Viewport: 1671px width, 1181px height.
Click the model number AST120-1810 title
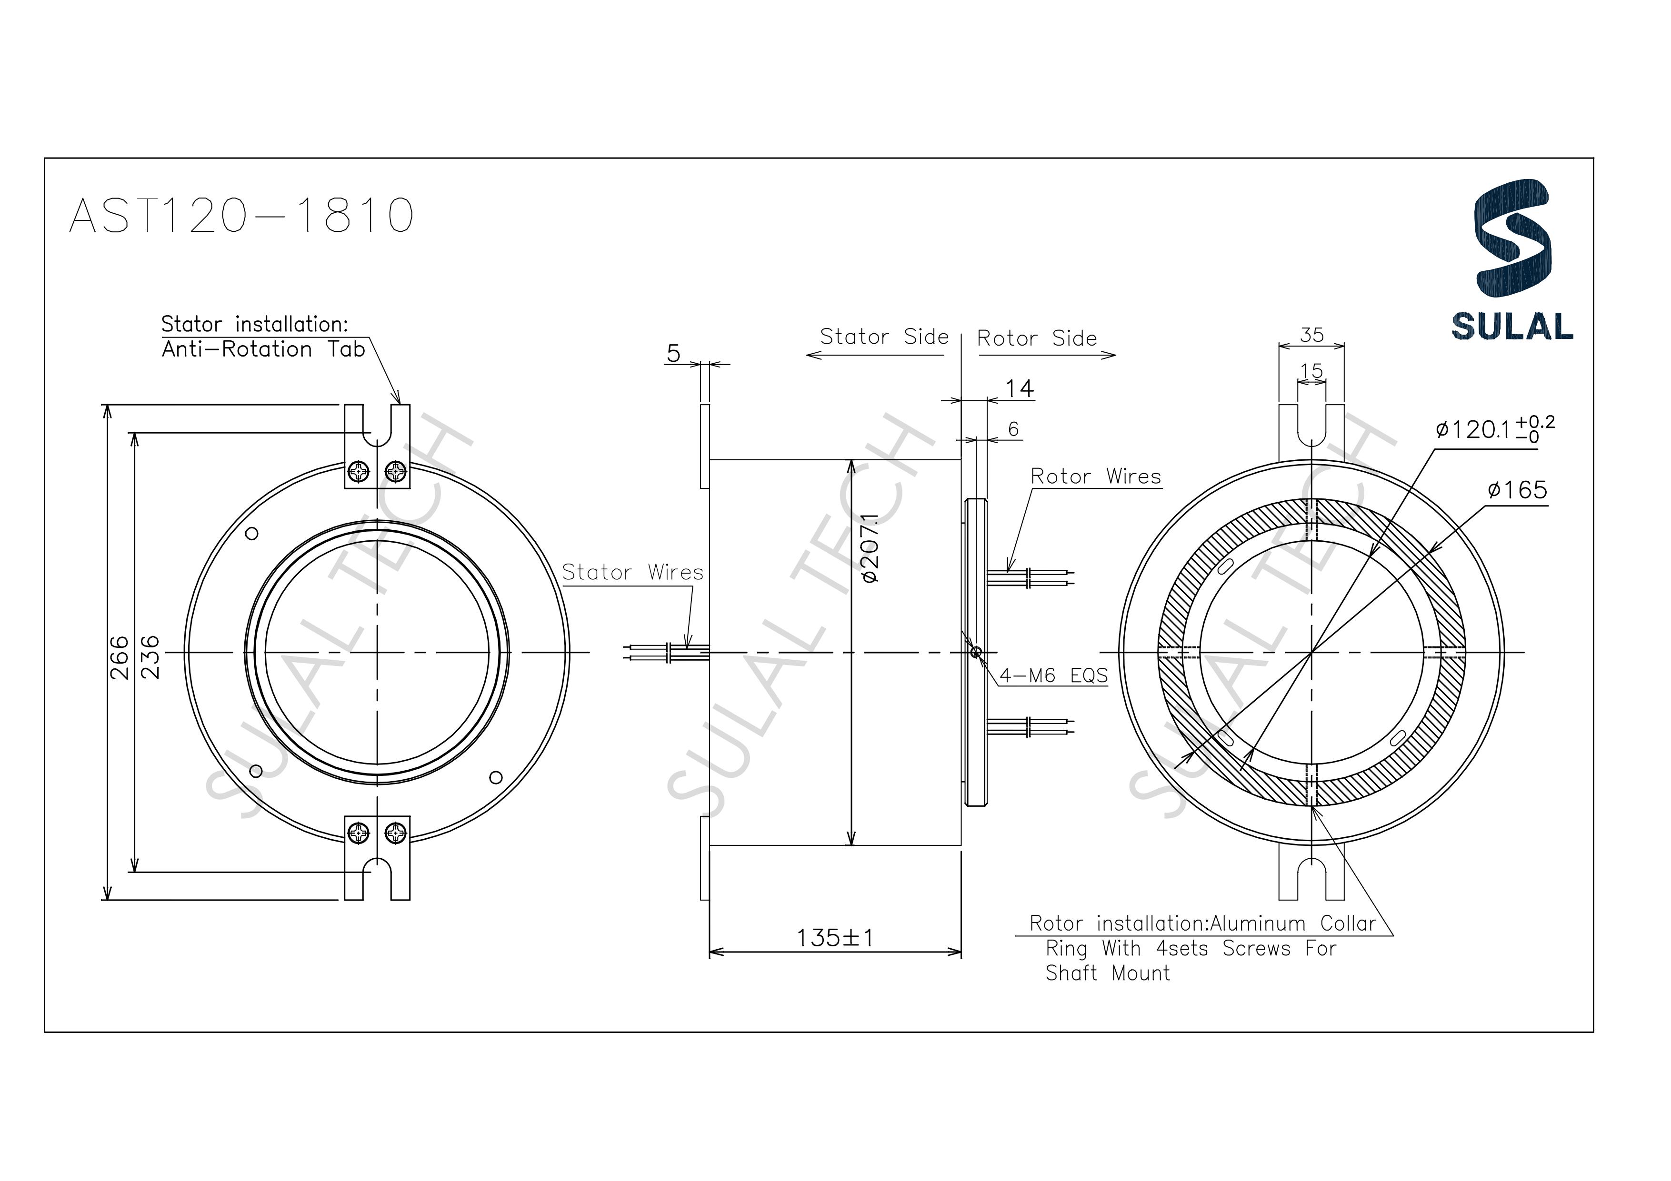point(241,215)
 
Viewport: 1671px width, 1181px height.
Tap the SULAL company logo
point(1512,260)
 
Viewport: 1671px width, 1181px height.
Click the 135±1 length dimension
point(835,938)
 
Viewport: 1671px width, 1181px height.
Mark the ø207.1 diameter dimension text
point(871,549)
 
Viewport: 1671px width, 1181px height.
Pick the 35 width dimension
point(1311,335)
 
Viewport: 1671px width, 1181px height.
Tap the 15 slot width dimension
point(1311,371)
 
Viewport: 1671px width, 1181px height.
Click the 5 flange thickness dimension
point(673,354)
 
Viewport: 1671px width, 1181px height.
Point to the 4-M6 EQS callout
point(1053,675)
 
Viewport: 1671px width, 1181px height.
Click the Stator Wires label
point(632,573)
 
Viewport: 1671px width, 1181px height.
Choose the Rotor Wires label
point(1095,476)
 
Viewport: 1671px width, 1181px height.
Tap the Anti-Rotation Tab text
point(263,350)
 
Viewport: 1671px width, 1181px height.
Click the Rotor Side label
point(1036,338)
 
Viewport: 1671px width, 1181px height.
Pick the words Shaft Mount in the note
point(1108,973)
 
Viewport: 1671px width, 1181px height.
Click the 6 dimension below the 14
point(1013,429)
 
